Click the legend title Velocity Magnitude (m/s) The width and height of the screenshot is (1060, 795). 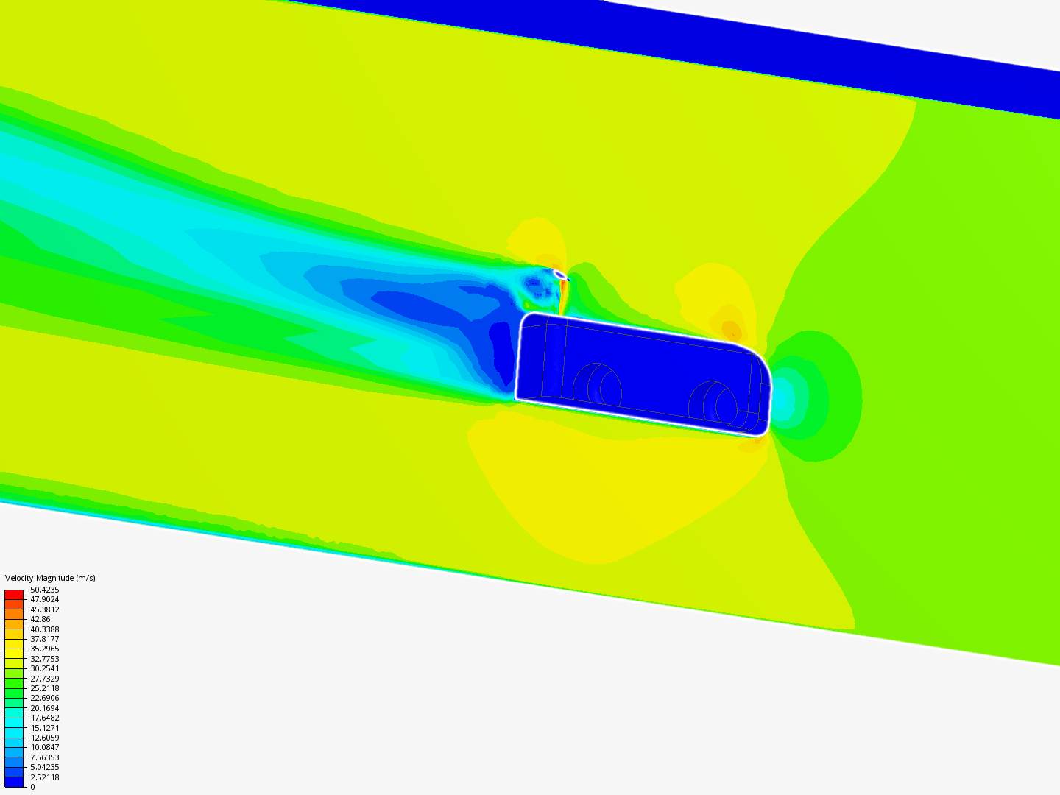point(50,578)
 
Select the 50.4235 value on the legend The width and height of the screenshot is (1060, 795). point(44,590)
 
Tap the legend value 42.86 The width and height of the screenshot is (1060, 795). point(40,619)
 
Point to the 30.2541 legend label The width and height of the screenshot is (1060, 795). point(44,668)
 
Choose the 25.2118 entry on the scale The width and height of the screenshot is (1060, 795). point(44,688)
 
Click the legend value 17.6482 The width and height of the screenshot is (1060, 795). point(44,718)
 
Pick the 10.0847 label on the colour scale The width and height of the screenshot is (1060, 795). point(44,747)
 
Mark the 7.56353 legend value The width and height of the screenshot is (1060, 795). point(44,757)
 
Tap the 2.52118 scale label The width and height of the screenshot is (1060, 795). point(44,777)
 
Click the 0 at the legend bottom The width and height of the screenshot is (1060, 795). point(32,787)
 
